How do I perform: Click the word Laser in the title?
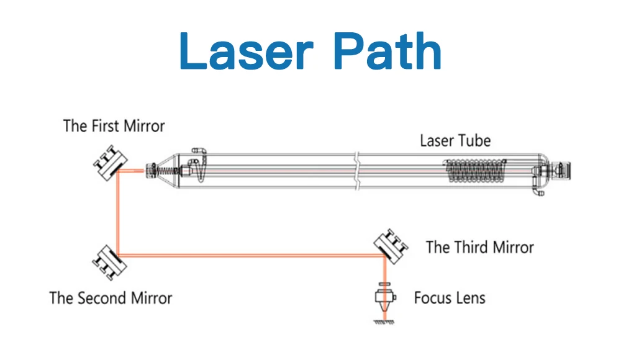[x=242, y=52]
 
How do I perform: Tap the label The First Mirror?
[x=114, y=126]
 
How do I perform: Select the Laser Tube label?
[x=455, y=140]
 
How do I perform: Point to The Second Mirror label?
[x=111, y=298]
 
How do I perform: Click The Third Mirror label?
[x=479, y=247]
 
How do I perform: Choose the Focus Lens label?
[x=450, y=298]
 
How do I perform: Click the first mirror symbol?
[x=110, y=163]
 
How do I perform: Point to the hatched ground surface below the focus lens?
[x=384, y=322]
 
